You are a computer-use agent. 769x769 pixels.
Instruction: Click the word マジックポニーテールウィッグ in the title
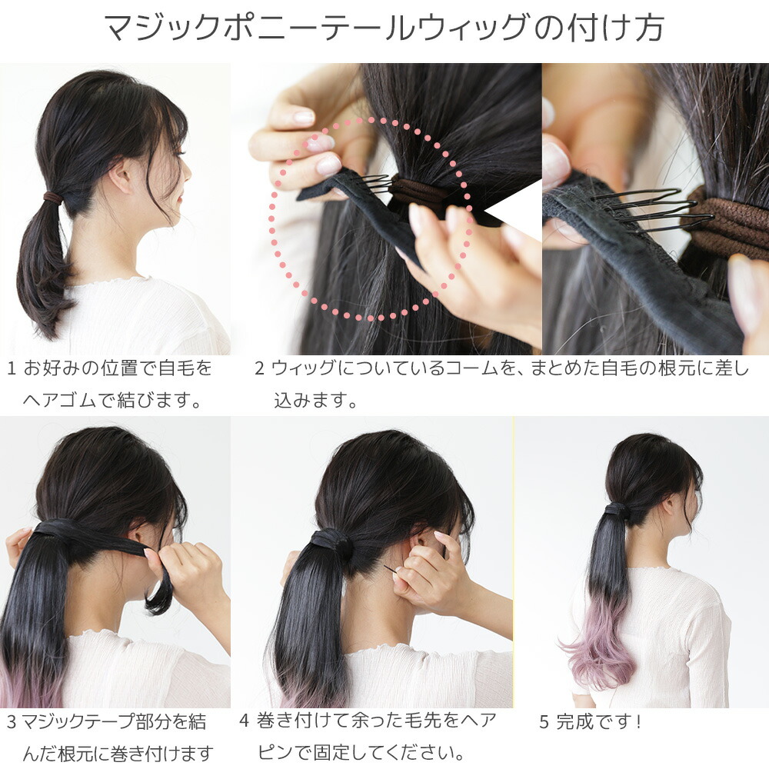pos(316,28)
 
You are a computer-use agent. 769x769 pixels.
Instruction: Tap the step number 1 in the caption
pos(12,369)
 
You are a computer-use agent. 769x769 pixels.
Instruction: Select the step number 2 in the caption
pos(259,369)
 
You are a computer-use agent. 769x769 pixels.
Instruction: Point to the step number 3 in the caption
pos(12,722)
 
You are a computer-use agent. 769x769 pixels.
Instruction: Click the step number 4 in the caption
pos(245,721)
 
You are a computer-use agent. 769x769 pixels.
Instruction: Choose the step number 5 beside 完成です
pos(544,722)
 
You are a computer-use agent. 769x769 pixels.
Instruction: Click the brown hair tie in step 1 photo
pos(53,198)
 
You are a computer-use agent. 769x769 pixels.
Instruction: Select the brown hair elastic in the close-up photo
pos(726,223)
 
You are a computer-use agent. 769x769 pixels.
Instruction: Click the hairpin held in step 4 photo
pos(392,571)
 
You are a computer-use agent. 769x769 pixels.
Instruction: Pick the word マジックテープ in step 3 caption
pos(77,722)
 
